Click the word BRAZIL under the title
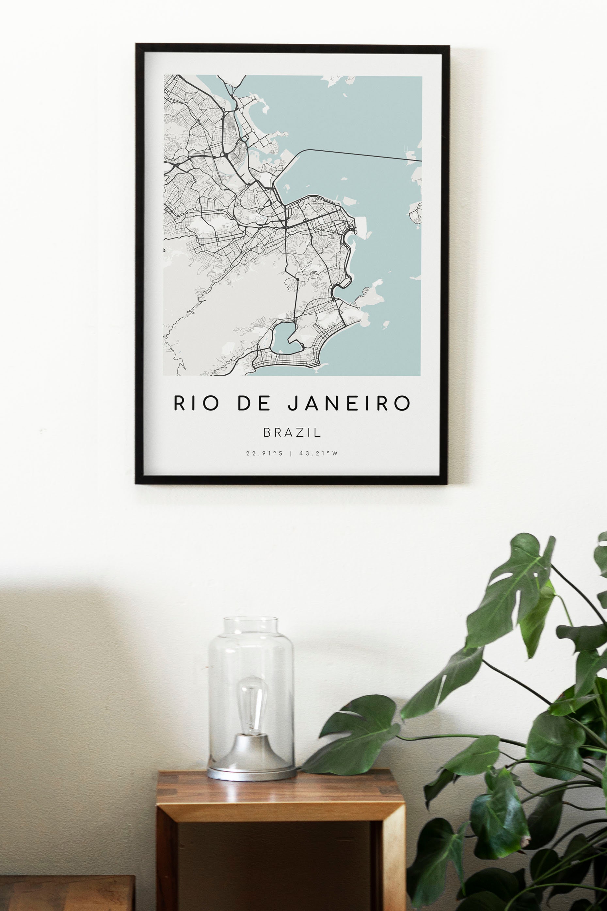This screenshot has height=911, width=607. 292,433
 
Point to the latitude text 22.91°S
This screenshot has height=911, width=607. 264,453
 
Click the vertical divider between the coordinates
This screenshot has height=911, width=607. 291,453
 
